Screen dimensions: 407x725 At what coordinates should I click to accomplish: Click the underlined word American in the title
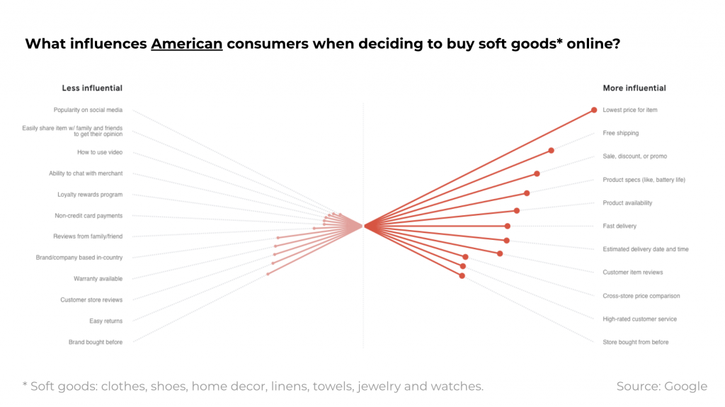(x=187, y=44)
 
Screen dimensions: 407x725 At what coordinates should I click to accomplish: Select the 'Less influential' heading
(x=92, y=88)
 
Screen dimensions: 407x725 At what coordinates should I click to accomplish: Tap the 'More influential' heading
(x=634, y=88)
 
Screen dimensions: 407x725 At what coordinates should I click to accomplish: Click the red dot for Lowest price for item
(x=595, y=110)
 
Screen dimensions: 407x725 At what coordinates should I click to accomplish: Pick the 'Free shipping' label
(x=620, y=133)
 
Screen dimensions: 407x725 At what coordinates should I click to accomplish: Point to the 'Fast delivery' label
(x=620, y=227)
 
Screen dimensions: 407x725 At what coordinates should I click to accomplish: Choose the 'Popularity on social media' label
(x=88, y=110)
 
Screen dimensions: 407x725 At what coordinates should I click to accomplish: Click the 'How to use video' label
(x=100, y=152)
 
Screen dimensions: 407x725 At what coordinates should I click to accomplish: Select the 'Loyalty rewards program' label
(x=90, y=195)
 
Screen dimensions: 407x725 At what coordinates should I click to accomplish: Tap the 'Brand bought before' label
(x=96, y=343)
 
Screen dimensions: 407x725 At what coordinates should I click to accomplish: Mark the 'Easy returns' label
(x=105, y=321)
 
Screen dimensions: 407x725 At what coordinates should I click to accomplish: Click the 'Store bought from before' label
(x=635, y=343)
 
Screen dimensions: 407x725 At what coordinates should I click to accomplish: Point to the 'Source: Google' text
(x=662, y=386)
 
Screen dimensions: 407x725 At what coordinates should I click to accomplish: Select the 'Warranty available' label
(x=98, y=279)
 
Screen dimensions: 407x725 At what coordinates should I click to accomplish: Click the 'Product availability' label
(x=627, y=203)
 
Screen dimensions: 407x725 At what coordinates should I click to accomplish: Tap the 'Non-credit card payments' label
(x=89, y=216)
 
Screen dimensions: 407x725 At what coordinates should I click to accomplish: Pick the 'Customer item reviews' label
(x=633, y=273)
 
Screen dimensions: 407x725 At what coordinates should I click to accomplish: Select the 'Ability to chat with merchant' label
(x=86, y=173)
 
